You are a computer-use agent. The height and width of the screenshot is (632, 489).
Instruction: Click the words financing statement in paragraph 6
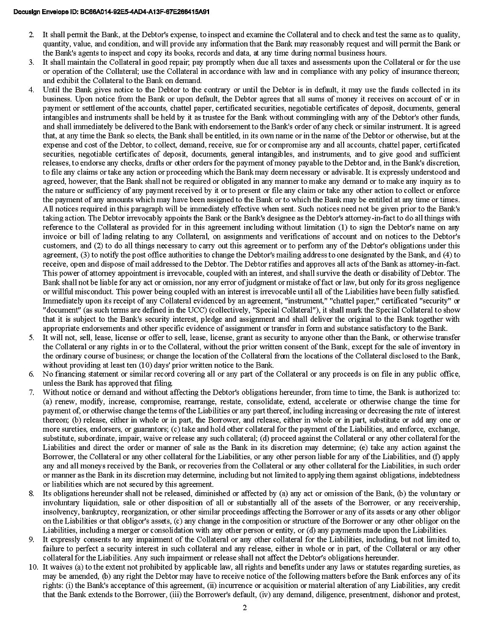tap(84, 374)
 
